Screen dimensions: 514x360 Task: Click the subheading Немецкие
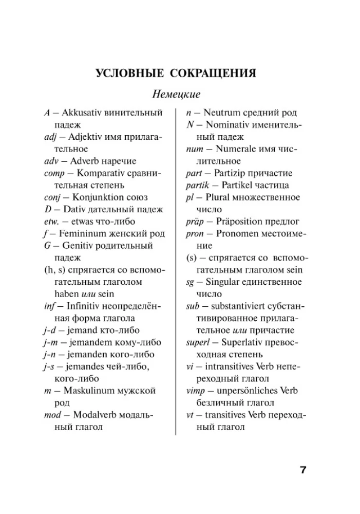point(176,95)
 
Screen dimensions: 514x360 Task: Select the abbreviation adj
point(51,137)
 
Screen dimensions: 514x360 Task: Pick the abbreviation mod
point(53,415)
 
